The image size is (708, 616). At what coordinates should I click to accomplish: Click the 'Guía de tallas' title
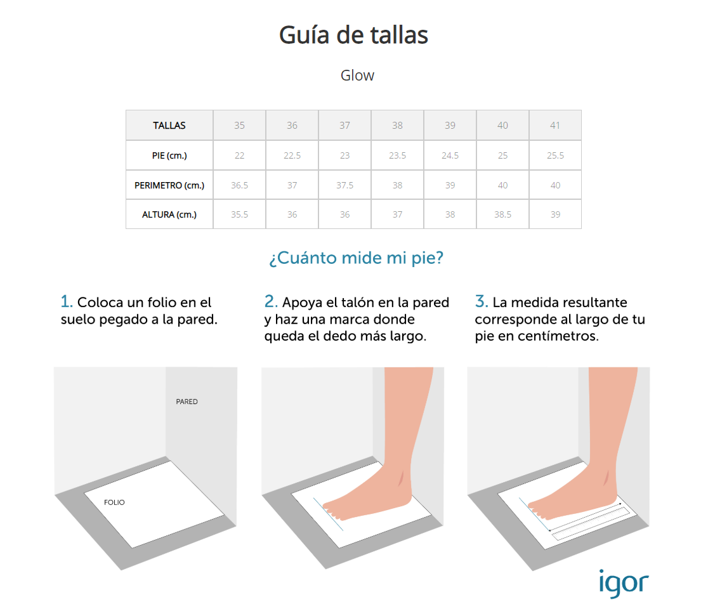tap(353, 35)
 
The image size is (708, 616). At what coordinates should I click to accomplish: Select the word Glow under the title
tap(357, 75)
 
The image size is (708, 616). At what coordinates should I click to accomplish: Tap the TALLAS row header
tap(169, 126)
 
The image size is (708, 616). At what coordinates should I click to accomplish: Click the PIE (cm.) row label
tap(169, 156)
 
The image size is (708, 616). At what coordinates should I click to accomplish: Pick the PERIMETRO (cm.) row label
tap(169, 186)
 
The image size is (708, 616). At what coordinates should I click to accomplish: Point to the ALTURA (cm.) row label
tap(169, 215)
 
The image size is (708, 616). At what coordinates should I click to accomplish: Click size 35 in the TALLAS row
tap(239, 126)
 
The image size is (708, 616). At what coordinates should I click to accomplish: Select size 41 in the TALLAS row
tap(555, 126)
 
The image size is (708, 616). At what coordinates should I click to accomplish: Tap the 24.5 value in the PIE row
tap(450, 156)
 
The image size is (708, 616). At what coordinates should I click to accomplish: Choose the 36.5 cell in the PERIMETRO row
tap(239, 186)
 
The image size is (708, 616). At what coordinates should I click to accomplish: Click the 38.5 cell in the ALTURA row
tap(502, 215)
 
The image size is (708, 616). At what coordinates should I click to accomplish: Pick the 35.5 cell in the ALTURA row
tap(239, 215)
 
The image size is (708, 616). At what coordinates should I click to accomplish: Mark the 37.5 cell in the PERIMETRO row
tap(344, 186)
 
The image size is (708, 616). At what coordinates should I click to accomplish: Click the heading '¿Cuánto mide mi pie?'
tap(357, 258)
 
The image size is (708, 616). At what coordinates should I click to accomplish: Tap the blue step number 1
tap(66, 301)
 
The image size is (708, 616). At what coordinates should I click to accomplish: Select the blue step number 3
tap(481, 301)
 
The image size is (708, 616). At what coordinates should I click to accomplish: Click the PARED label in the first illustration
tap(187, 402)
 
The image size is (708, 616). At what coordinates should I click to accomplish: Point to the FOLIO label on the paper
tap(114, 502)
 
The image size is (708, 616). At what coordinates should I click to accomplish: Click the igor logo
tap(624, 583)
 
